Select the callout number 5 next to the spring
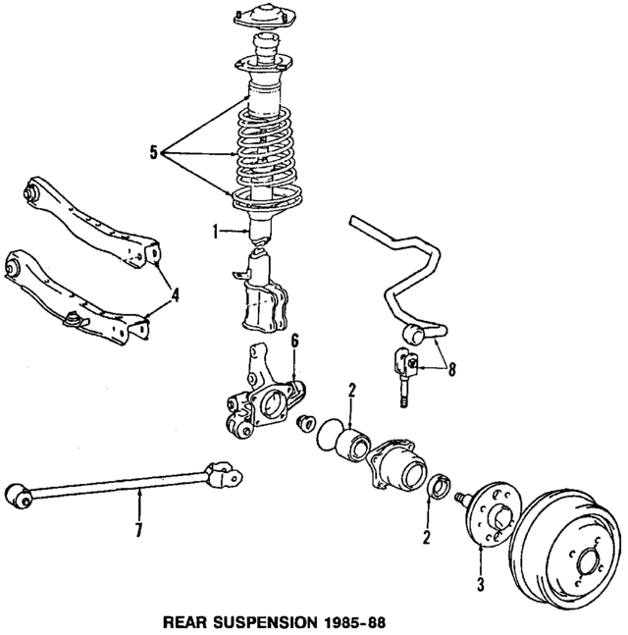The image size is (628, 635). coord(154,152)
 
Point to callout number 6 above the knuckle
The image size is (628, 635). coord(293,341)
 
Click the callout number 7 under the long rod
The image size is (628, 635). coord(138,531)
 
